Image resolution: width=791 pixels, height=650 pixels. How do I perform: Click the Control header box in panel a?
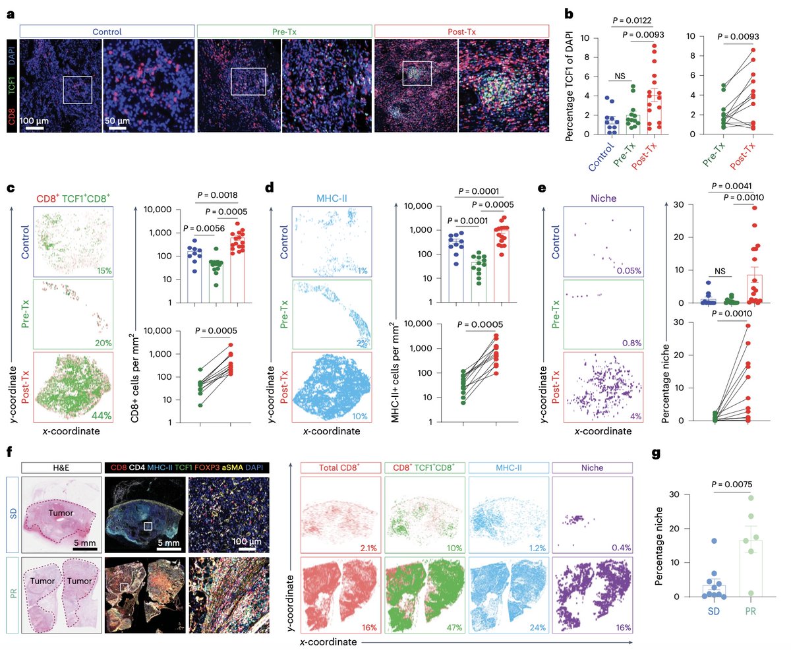click(107, 31)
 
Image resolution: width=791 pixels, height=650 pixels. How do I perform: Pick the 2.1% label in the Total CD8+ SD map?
click(366, 548)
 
